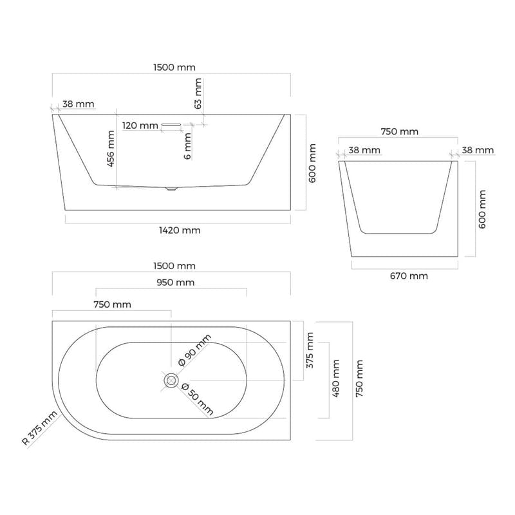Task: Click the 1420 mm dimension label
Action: pyautogui.click(x=180, y=230)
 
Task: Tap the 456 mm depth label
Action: pyautogui.click(x=111, y=149)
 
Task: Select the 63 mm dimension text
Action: pyautogui.click(x=198, y=93)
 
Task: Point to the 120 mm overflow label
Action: pyautogui.click(x=140, y=126)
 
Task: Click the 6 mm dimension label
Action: pyautogui.click(x=187, y=146)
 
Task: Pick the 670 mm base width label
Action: pyautogui.click(x=409, y=276)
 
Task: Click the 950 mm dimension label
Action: pyautogui.click(x=175, y=283)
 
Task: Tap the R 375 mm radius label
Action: pyautogui.click(x=40, y=428)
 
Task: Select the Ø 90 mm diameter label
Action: pyautogui.click(x=194, y=350)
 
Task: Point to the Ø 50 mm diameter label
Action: pyautogui.click(x=198, y=399)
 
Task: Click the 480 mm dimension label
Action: pyautogui.click(x=335, y=379)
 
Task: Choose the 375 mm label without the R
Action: pyautogui.click(x=310, y=350)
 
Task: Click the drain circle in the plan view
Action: pyautogui.click(x=171, y=380)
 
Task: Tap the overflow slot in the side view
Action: pyautogui.click(x=171, y=124)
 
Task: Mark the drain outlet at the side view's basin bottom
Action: pyautogui.click(x=171, y=189)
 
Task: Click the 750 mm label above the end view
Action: pyautogui.click(x=399, y=132)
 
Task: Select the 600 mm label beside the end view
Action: pyautogui.click(x=482, y=209)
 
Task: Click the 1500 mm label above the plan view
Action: pyautogui.click(x=174, y=266)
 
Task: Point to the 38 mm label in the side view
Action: pyautogui.click(x=78, y=104)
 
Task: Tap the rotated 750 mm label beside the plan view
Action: pyautogui.click(x=359, y=379)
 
